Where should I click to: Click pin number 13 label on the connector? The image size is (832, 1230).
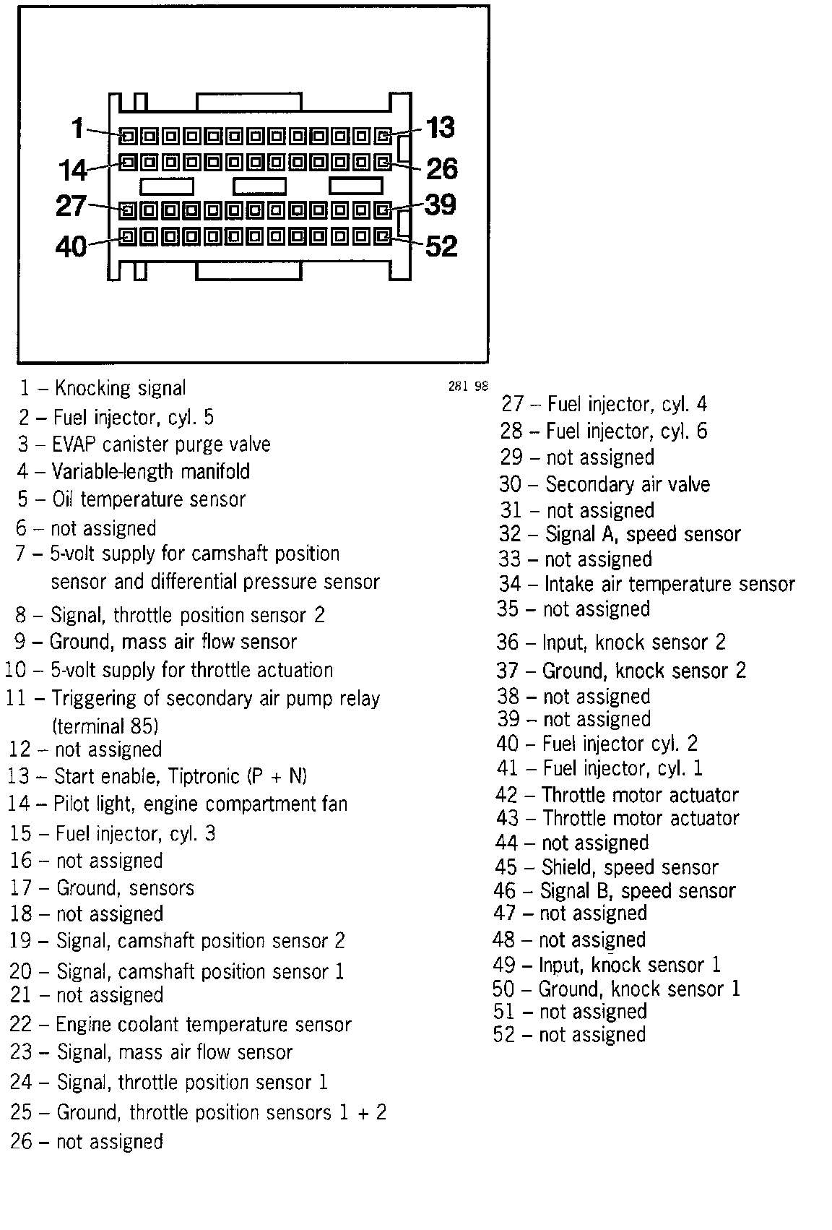point(441,128)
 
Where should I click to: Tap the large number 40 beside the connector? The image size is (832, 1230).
point(71,246)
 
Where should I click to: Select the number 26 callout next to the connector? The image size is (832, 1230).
point(442,169)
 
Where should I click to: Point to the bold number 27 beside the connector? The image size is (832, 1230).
point(71,207)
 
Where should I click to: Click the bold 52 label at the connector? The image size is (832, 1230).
point(441,246)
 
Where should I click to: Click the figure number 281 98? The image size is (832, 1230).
point(468,386)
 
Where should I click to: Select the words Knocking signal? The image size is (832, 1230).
point(120,389)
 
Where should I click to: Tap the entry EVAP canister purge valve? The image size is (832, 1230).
point(161,444)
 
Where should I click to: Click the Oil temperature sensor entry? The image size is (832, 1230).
point(149,499)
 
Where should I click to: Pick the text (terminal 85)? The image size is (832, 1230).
point(105,725)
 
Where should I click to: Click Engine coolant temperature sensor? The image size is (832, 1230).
point(203,1024)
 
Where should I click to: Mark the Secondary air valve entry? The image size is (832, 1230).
point(628,484)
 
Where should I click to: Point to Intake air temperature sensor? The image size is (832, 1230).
point(669,584)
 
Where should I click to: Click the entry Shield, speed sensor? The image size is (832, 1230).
point(630,867)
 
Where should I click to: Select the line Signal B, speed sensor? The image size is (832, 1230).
point(638,891)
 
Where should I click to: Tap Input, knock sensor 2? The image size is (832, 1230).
point(634,642)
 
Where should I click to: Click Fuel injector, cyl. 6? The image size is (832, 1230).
point(626,431)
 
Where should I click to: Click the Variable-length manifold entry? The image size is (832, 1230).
point(151,472)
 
